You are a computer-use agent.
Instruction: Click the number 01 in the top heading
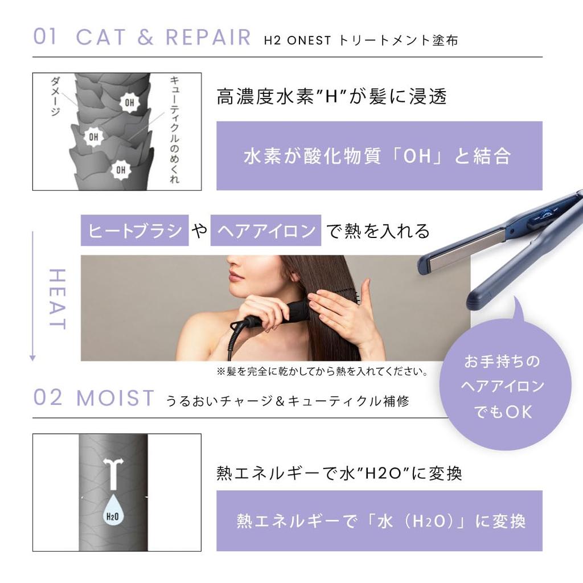coord(46,37)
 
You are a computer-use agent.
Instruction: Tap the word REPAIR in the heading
coord(208,37)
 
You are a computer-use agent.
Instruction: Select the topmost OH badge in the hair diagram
coord(130,102)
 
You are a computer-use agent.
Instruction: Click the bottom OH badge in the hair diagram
coord(121,169)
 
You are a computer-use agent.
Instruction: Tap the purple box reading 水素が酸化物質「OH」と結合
coord(379,156)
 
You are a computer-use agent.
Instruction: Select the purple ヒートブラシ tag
coord(134,231)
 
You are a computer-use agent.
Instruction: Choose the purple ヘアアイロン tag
coord(265,231)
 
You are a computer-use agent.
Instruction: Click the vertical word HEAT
coord(57,299)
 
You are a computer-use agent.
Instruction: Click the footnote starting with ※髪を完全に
coord(322,372)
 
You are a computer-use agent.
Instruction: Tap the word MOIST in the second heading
coord(116,399)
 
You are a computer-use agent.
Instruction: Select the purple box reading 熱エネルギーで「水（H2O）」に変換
coord(379,521)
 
